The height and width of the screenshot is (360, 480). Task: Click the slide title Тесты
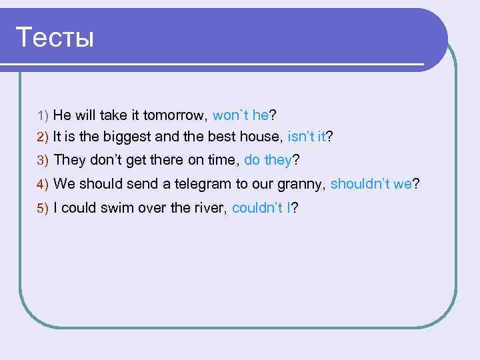55,37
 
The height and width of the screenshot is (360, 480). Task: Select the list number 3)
43,161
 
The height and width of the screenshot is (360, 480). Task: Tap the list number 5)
43,209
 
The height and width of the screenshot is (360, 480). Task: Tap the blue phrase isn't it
306,137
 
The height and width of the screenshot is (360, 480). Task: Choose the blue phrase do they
269,160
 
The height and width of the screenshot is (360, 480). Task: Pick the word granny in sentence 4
301,185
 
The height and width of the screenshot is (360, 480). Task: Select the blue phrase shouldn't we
371,184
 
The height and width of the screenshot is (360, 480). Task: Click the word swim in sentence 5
115,208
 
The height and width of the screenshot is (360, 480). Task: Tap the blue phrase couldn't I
261,208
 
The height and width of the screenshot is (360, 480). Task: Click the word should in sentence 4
99,184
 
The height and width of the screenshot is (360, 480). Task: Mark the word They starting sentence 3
69,160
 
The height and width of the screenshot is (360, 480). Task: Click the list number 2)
43,137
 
